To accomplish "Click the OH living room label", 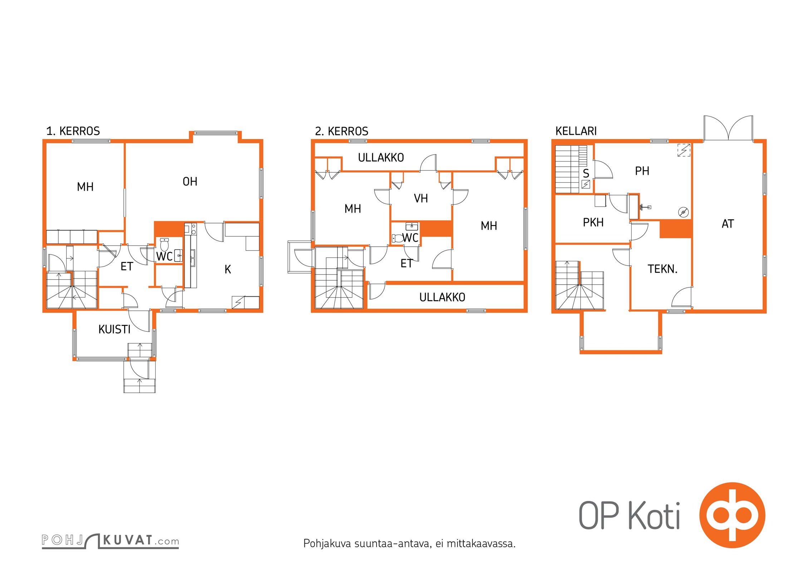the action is (190, 182).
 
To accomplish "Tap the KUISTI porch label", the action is (114, 329).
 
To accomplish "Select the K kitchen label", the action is (228, 269).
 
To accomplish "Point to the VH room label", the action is (421, 198).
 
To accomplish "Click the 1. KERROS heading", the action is (73, 131).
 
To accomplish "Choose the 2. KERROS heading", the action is (342, 131).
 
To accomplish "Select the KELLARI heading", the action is (576, 131).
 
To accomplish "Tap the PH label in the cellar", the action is (642, 171).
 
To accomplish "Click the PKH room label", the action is (593, 222).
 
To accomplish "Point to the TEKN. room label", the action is (662, 269).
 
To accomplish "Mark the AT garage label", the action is (728, 224).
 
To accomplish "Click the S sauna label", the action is (586, 173).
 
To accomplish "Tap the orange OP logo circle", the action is (732, 515).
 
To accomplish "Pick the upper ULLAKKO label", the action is (381, 158).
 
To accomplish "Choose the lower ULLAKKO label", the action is (442, 297).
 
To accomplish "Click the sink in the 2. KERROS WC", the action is (412, 226).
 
